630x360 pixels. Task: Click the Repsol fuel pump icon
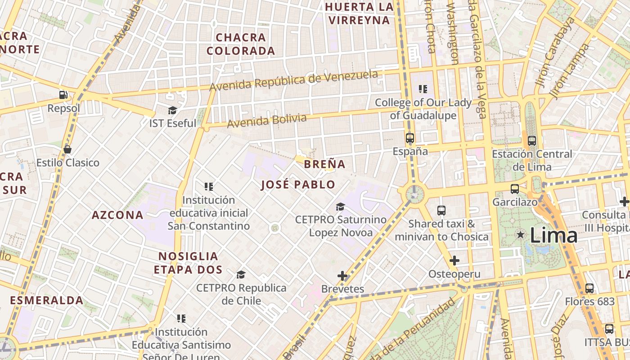coord(63,95)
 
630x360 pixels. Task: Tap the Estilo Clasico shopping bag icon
coord(67,149)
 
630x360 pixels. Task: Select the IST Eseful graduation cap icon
coord(172,110)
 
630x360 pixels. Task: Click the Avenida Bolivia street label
coord(266,121)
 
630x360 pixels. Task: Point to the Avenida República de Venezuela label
coord(293,80)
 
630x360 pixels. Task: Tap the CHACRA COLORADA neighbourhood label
coord(241,44)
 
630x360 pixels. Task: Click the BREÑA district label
coord(324,164)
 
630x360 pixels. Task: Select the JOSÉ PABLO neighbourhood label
coord(298,184)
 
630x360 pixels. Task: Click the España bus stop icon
coord(409,138)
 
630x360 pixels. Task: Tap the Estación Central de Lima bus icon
coord(532,141)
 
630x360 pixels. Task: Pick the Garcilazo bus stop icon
coord(515,189)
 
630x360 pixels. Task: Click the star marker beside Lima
coord(521,234)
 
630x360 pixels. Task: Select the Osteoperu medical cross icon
coord(454,261)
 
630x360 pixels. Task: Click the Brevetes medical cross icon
coord(342,275)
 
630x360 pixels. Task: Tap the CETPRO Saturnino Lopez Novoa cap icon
coord(341,207)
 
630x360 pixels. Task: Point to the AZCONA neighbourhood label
coord(117,215)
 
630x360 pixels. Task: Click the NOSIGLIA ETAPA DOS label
coord(188,263)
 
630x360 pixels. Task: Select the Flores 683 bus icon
coord(589,288)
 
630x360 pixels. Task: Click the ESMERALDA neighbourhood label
coord(47,300)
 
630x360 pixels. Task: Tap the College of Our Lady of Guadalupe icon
coord(423,89)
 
